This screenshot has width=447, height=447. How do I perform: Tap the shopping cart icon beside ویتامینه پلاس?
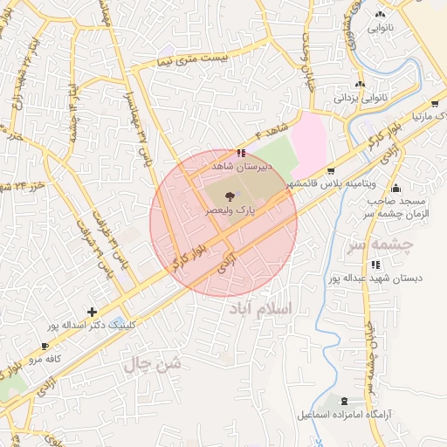[x=331, y=171]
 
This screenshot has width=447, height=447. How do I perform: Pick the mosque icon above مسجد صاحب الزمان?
[x=397, y=188]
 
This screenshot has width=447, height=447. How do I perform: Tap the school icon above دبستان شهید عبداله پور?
[x=375, y=265]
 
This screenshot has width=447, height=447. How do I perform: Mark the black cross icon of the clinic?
[x=92, y=312]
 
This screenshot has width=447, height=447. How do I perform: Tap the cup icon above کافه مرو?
[x=45, y=346]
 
